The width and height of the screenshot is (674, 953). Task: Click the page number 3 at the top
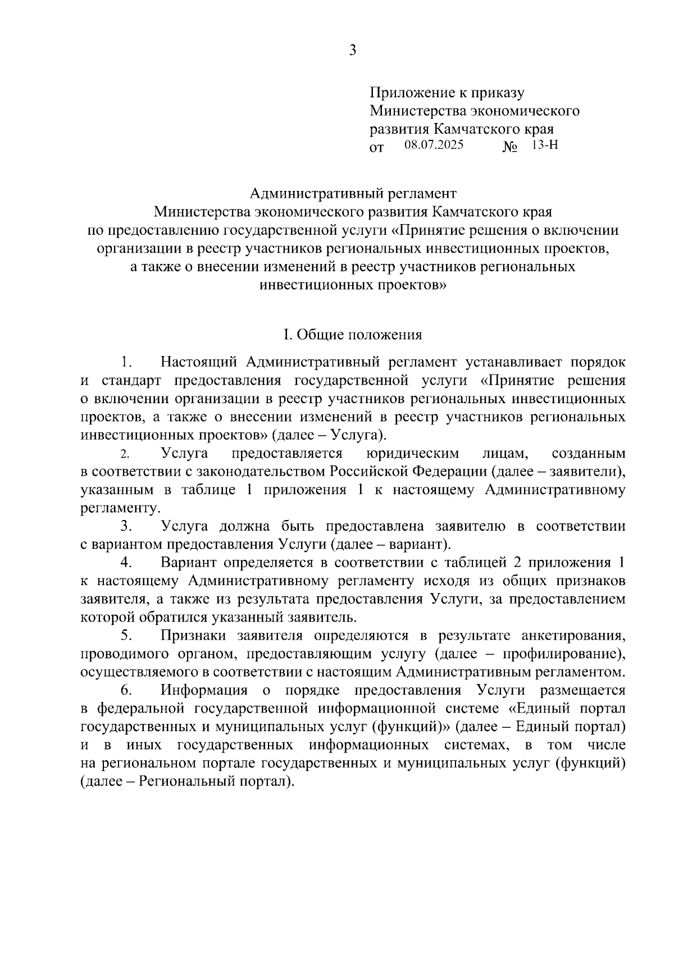coord(352,51)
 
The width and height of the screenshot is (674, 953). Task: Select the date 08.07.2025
coord(434,145)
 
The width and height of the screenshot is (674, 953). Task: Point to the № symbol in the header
coord(509,148)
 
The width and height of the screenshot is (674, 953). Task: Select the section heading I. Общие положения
coord(352,335)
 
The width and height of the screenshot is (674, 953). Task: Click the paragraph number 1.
coord(126,362)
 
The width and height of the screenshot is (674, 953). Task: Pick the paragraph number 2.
coord(125,454)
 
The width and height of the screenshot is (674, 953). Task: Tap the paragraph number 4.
coord(126,563)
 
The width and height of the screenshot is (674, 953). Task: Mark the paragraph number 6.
coord(126,690)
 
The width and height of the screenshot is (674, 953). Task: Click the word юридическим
coord(412,453)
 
